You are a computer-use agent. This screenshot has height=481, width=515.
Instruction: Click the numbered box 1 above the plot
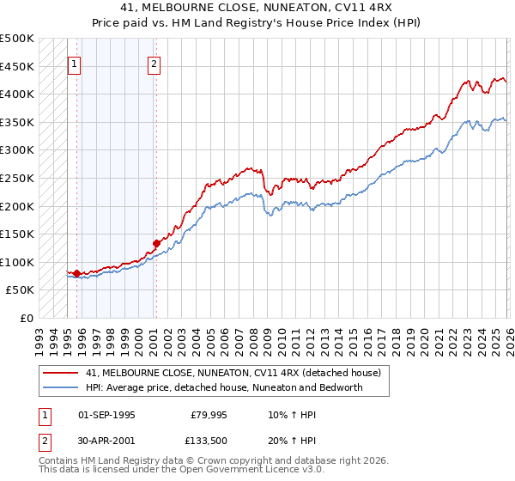pyautogui.click(x=74, y=63)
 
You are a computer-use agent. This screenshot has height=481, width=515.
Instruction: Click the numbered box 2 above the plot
pyautogui.click(x=154, y=63)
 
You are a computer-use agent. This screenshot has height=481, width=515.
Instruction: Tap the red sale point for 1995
pyautogui.click(x=77, y=274)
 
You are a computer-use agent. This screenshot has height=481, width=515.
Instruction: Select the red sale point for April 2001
pyautogui.click(x=156, y=243)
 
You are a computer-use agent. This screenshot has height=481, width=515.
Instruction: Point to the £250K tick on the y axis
pyautogui.click(x=18, y=178)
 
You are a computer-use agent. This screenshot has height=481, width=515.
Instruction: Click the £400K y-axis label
pyautogui.click(x=18, y=94)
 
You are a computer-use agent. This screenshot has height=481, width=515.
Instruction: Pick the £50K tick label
pyautogui.click(x=21, y=290)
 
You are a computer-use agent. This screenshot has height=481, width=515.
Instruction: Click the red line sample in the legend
pyautogui.click(x=60, y=373)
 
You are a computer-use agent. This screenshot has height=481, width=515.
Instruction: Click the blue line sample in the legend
pyautogui.click(x=60, y=387)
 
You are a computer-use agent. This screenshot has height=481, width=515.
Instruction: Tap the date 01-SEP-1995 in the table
pyautogui.click(x=106, y=415)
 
